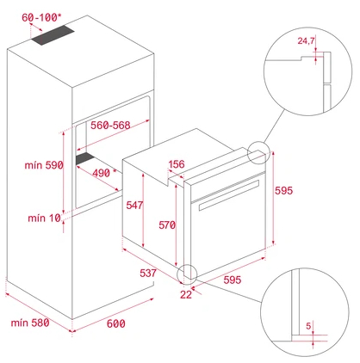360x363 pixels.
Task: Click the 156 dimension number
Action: (176, 164)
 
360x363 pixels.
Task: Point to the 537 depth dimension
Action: (147, 273)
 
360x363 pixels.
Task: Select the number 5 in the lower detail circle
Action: (308, 326)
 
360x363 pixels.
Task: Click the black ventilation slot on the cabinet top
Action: (52, 34)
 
